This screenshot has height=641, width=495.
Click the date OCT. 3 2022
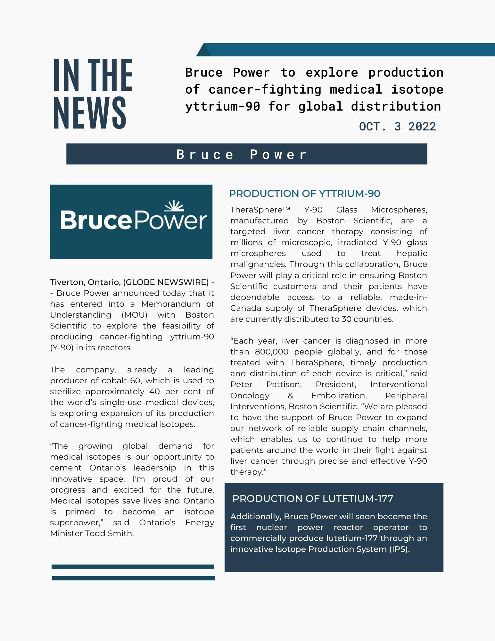(397, 127)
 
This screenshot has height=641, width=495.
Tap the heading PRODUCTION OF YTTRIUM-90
(305, 194)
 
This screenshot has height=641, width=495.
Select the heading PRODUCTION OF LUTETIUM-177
(313, 498)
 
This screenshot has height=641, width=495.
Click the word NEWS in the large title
(90, 113)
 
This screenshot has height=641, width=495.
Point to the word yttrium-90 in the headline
(223, 106)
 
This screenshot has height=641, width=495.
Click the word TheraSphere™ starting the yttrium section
(260, 210)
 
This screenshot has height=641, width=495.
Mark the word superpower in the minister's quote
(76, 522)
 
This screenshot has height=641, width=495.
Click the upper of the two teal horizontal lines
(133, 567)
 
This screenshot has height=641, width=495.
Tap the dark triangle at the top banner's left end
(203, 51)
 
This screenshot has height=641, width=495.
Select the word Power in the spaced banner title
(278, 154)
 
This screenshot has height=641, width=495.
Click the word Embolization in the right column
(339, 395)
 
